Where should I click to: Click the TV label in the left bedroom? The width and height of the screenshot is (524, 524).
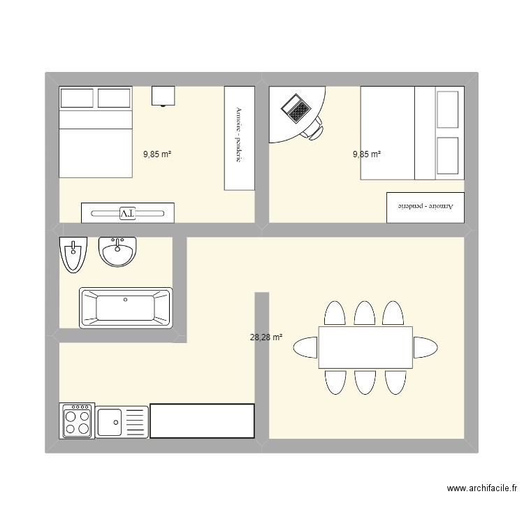[x=127, y=213]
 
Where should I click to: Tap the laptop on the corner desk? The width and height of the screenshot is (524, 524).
[x=296, y=108]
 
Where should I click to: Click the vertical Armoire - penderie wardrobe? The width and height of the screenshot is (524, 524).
[x=239, y=138]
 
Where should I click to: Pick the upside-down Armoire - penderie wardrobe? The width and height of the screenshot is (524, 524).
[x=425, y=207]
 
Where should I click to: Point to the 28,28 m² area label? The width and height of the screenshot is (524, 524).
[x=266, y=337]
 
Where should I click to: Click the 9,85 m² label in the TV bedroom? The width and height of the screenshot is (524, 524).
[x=157, y=154]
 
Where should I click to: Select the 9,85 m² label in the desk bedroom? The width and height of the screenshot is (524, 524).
[x=367, y=154]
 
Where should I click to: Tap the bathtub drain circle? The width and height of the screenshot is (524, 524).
[x=126, y=300]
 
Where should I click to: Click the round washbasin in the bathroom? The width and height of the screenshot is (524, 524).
[x=117, y=252]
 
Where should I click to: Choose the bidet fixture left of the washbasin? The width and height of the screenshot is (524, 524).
[x=73, y=254]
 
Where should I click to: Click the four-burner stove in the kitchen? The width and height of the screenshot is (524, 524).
[x=77, y=421]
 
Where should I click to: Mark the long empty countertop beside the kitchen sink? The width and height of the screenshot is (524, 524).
[x=202, y=421]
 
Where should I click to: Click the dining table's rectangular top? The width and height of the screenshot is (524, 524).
[x=365, y=347]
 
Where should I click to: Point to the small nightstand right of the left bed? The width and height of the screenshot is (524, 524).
[x=163, y=96]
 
